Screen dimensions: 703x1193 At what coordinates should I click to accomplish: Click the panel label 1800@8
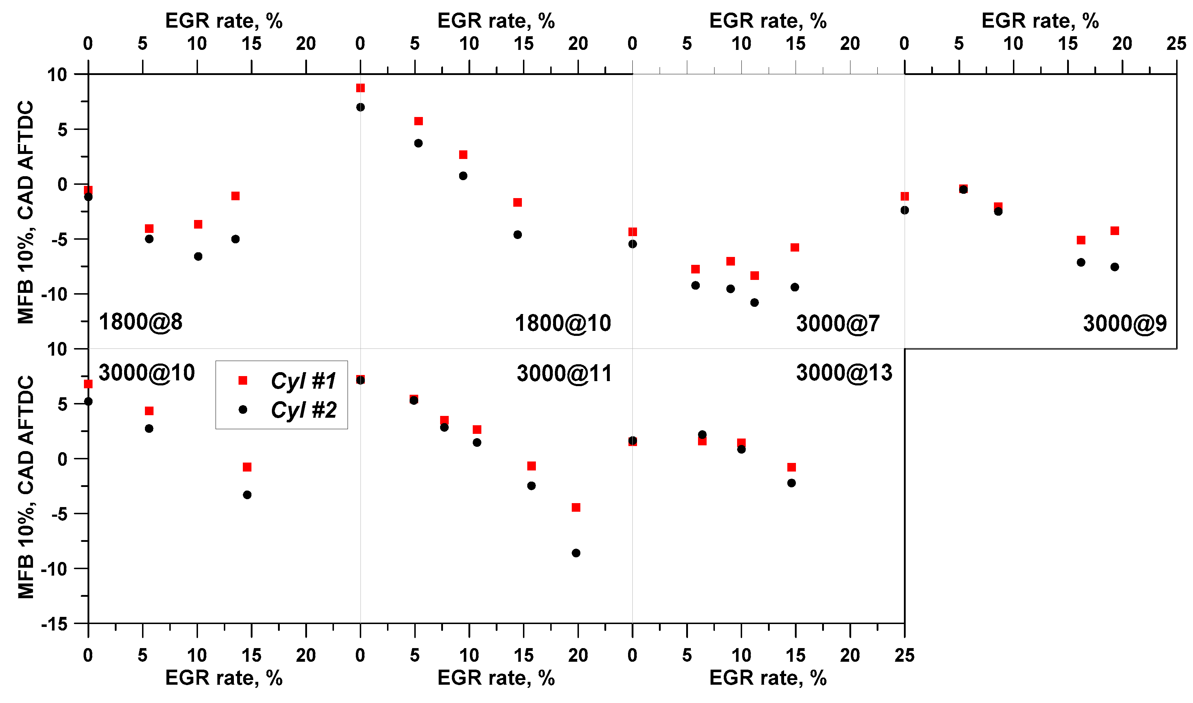(x=140, y=322)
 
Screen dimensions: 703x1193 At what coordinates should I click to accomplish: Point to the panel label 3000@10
(x=146, y=373)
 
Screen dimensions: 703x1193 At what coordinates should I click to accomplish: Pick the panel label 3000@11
(x=564, y=373)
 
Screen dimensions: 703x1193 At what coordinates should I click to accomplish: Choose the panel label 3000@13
(x=844, y=373)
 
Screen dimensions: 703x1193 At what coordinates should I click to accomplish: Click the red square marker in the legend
(x=243, y=380)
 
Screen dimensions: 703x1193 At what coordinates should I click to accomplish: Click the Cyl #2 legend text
(x=303, y=410)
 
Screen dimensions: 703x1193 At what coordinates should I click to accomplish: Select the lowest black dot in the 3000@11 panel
(x=576, y=553)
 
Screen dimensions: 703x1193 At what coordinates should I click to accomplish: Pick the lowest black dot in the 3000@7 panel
(x=754, y=302)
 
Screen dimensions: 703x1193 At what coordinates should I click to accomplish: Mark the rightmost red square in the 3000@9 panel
(x=1114, y=231)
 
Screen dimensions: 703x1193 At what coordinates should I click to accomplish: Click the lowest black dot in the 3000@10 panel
(x=247, y=495)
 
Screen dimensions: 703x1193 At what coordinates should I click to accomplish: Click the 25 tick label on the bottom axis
(x=904, y=656)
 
